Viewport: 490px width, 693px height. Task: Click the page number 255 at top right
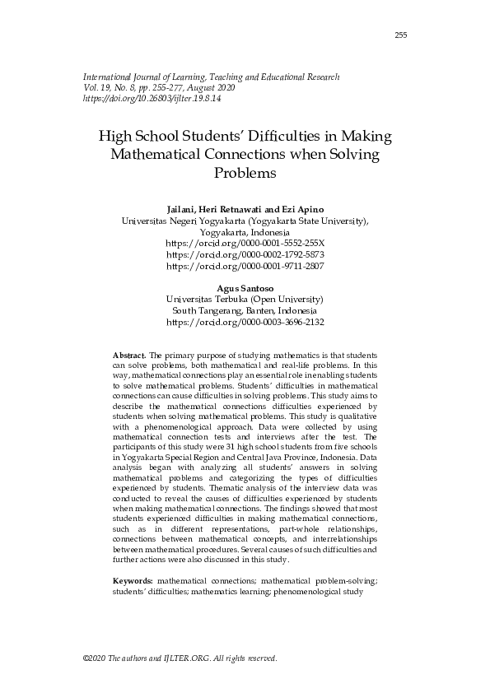point(401,35)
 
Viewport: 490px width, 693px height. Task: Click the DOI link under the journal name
point(152,98)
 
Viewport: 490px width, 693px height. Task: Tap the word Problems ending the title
point(244,174)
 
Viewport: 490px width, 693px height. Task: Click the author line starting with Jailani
point(245,210)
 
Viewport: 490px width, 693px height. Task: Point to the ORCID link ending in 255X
point(245,244)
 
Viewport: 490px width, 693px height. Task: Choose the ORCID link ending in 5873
point(245,255)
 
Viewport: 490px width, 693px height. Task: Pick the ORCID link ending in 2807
point(245,267)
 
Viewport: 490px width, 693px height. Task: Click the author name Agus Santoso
point(245,289)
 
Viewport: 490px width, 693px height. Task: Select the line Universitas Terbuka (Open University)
point(245,300)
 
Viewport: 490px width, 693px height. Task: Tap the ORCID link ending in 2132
point(245,323)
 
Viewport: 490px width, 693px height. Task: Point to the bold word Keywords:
point(133,581)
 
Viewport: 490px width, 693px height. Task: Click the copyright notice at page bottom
point(180,658)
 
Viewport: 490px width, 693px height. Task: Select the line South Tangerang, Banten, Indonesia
point(245,311)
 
